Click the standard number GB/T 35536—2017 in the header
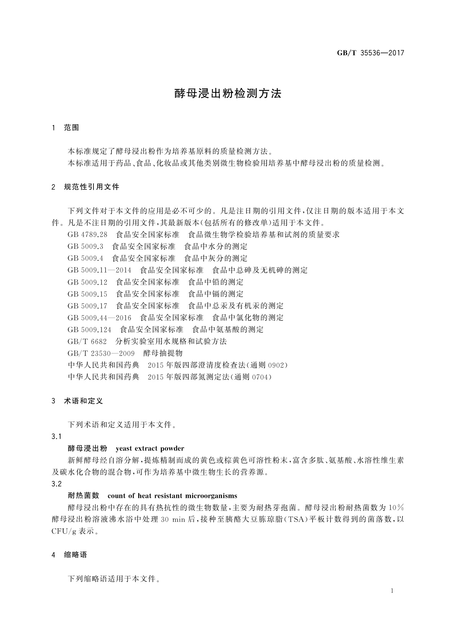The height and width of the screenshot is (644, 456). click(x=370, y=53)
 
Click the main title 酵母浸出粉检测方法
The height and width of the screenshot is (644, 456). click(x=228, y=94)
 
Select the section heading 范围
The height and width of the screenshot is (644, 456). click(x=72, y=128)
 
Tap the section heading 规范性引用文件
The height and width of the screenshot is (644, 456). click(x=92, y=187)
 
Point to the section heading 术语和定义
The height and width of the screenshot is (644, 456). click(x=83, y=401)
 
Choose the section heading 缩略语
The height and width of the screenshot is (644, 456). click(x=75, y=555)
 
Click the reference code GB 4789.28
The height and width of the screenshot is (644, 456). click(x=87, y=234)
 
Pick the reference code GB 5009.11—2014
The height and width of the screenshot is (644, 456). click(x=99, y=270)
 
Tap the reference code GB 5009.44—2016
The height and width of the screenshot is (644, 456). click(x=99, y=318)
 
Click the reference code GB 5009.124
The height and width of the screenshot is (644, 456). click(x=89, y=330)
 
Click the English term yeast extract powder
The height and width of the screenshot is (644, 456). click(x=150, y=449)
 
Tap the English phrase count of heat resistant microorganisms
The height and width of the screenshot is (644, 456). click(x=172, y=496)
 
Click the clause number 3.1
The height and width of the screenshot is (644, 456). click(x=56, y=437)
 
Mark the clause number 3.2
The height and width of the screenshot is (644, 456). click(x=56, y=484)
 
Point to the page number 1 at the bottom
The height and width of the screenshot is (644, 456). click(x=392, y=591)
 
